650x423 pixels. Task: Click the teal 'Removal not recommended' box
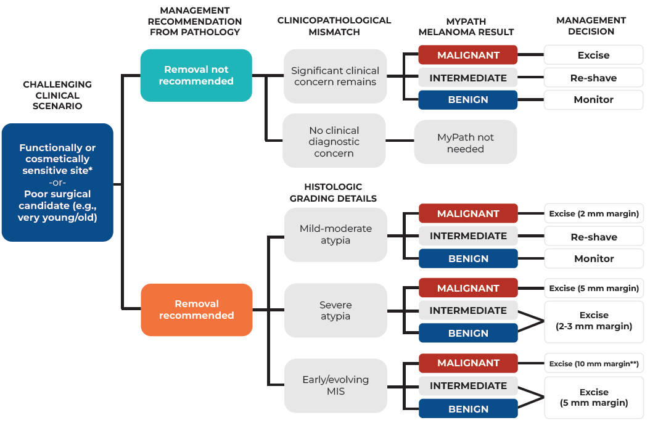click(x=196, y=75)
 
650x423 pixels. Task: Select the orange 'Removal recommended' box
click(x=196, y=310)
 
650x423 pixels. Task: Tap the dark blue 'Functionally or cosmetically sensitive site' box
click(x=57, y=182)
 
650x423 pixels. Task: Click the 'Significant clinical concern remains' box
click(x=335, y=76)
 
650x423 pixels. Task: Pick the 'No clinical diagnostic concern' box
click(x=334, y=141)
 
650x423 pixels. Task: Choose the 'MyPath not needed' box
click(x=465, y=142)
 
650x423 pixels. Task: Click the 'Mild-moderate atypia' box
click(x=335, y=234)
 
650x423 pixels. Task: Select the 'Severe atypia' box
click(x=335, y=311)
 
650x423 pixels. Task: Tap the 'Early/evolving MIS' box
click(x=335, y=385)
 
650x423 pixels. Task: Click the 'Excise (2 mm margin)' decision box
click(x=594, y=214)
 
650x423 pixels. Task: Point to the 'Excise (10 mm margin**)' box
click(x=594, y=363)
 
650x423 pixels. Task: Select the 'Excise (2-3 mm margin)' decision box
click(x=594, y=321)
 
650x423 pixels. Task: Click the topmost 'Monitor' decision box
click(x=594, y=99)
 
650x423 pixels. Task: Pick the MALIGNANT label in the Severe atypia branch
click(x=468, y=288)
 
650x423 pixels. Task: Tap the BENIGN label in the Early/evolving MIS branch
click(x=468, y=409)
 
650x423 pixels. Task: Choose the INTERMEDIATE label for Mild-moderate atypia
click(x=468, y=236)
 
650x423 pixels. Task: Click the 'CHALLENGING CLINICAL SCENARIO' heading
click(x=57, y=95)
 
